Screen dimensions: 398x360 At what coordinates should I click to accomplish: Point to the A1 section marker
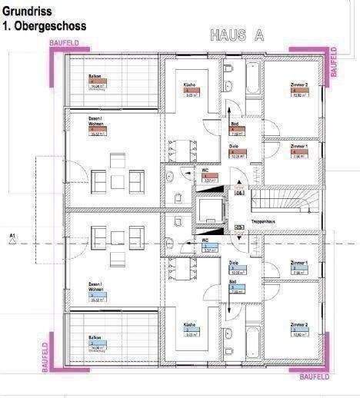tap(12, 235)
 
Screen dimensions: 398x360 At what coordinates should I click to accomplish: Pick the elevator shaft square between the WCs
tap(210, 210)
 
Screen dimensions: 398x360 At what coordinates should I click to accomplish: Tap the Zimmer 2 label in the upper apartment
tap(298, 85)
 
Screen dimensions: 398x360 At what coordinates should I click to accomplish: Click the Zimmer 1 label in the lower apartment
tap(298, 264)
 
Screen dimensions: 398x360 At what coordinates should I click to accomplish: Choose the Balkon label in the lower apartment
tap(95, 337)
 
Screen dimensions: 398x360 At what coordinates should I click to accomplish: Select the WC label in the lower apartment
tap(206, 240)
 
